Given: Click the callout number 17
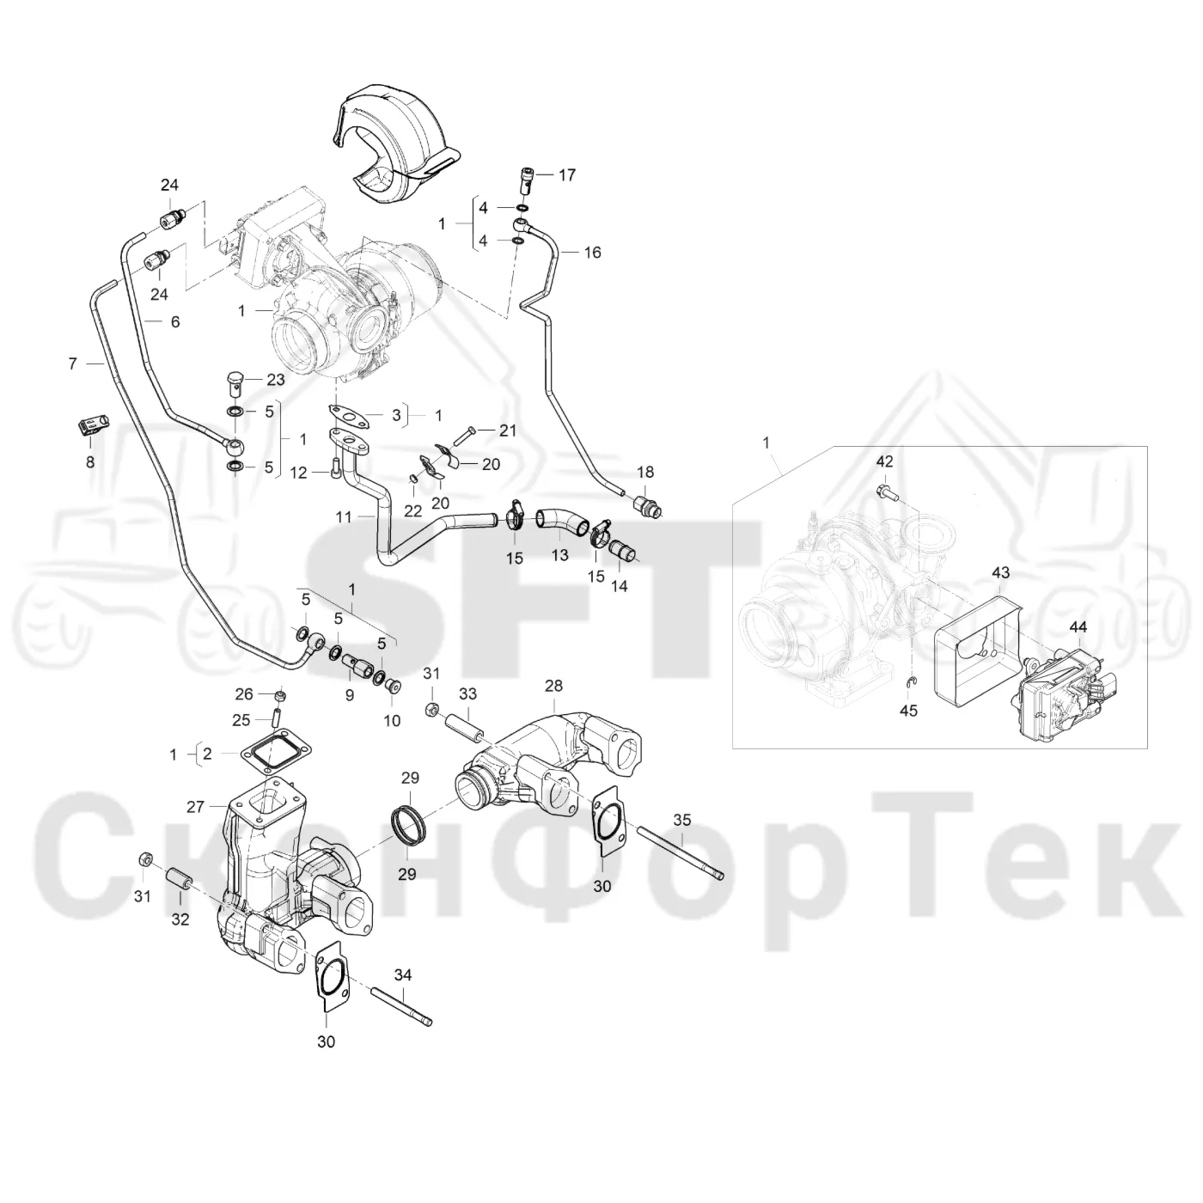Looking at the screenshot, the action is [x=566, y=175].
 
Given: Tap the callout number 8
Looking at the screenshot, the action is [x=90, y=462].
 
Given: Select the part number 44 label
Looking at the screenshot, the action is [x=1078, y=626].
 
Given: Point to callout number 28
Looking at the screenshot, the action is [x=553, y=686].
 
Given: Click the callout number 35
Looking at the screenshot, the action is [x=682, y=820].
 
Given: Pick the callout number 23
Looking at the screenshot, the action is [x=275, y=380].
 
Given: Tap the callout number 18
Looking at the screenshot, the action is [x=644, y=472].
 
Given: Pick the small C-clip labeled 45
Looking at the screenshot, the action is [x=911, y=685].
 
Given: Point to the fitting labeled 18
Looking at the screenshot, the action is [x=647, y=505].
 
